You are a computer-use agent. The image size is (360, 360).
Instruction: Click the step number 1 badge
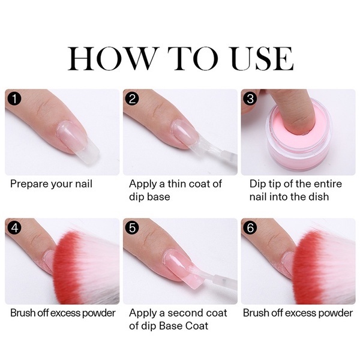[13, 97]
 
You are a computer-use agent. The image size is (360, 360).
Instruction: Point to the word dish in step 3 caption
[324, 196]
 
